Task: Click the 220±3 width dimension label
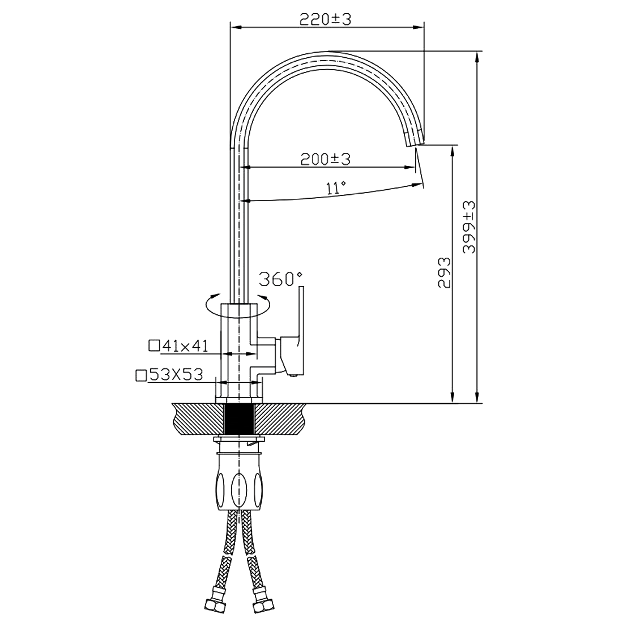(325, 19)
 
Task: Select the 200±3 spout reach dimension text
(326, 159)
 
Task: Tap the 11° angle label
(336, 187)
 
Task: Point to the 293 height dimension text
(445, 272)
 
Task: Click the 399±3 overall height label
(469, 227)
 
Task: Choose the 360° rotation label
(280, 279)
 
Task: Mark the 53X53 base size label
(176, 374)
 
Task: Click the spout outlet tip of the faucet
(415, 143)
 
